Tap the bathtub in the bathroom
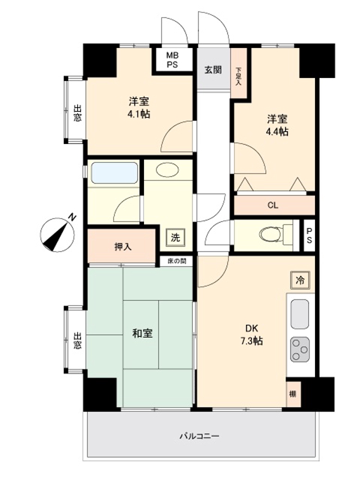pos(114,173)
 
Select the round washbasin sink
pos(167,170)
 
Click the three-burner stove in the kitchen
pos(300,349)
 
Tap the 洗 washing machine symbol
pos(175,237)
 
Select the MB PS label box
pos(172,60)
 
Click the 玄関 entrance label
pos(212,70)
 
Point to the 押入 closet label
pos(123,245)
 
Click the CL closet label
pos(273,205)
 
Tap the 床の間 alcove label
pos(176,261)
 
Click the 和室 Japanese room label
pos(142,334)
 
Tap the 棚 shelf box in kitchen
pos(293,394)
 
